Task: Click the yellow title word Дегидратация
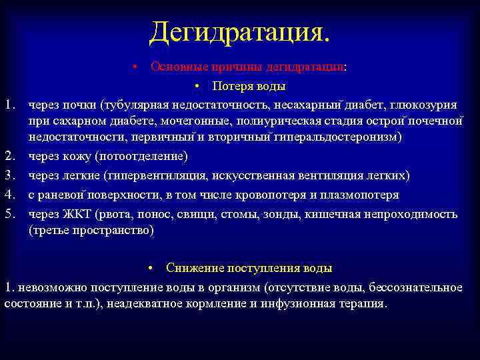click(239, 31)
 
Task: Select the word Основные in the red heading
click(175, 67)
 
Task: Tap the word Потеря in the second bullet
click(231, 86)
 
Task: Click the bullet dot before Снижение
click(152, 268)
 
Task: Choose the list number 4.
click(9, 195)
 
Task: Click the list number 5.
click(9, 214)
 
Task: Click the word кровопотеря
click(267, 195)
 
